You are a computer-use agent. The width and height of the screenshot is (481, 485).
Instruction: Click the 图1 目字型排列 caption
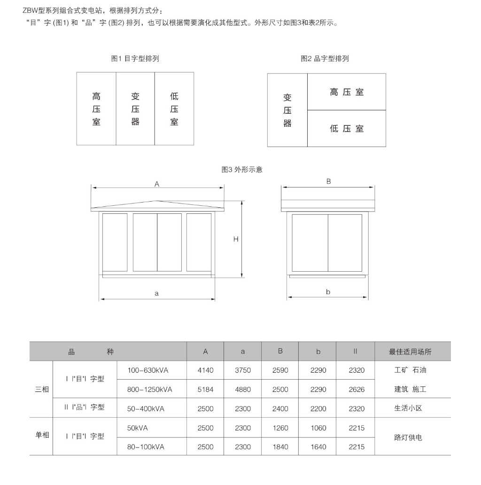(x=135, y=59)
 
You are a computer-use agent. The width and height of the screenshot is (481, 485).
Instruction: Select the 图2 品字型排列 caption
(x=325, y=59)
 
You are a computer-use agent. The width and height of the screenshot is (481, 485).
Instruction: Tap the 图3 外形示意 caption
(x=242, y=170)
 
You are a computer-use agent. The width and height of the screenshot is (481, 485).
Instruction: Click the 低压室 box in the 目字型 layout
(x=174, y=109)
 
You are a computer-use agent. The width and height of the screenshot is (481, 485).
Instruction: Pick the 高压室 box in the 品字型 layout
(x=347, y=92)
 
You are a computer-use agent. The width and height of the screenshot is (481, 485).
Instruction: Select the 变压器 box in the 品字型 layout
(x=287, y=110)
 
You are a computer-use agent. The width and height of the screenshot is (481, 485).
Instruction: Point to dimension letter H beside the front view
(x=236, y=239)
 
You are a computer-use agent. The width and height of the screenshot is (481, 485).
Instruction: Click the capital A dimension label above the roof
(x=157, y=185)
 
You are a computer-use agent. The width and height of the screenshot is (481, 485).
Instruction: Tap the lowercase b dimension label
(x=328, y=292)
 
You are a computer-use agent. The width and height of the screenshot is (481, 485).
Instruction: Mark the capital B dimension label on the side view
(x=328, y=181)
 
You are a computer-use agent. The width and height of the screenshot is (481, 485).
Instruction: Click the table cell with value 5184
(x=205, y=390)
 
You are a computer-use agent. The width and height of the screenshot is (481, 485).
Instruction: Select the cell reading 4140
(x=205, y=370)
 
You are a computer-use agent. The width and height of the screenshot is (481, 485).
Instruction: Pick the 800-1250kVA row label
(x=150, y=390)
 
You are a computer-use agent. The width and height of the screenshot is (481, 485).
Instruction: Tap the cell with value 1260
(x=280, y=428)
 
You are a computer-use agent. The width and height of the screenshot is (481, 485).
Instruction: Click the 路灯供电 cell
(x=408, y=438)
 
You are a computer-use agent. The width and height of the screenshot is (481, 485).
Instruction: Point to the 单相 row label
(x=42, y=435)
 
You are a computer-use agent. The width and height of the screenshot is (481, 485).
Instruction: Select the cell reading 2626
(x=357, y=390)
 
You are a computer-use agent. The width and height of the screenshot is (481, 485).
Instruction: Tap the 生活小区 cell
(x=408, y=408)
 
